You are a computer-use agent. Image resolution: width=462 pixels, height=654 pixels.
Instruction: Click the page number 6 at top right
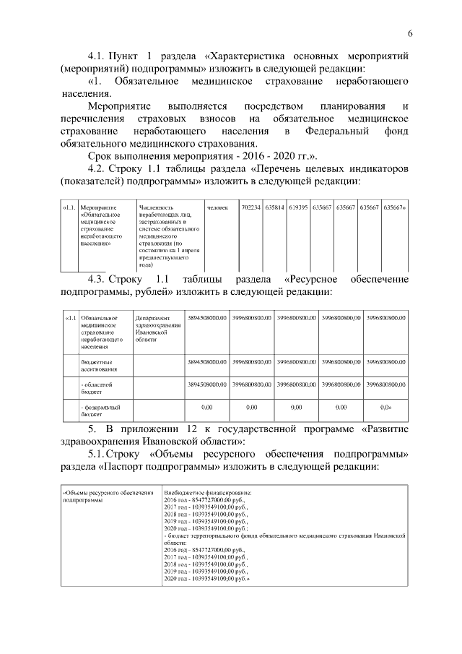[409, 33]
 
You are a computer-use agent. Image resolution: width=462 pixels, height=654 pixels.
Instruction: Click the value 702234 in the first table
[251, 207]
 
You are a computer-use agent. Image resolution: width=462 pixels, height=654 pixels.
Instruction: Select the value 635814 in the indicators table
[274, 207]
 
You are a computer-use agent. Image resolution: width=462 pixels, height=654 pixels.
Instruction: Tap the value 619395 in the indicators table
[298, 207]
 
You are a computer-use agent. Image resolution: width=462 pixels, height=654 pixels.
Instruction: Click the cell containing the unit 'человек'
[217, 207]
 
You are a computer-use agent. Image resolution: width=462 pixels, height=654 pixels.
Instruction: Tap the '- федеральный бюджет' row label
[98, 410]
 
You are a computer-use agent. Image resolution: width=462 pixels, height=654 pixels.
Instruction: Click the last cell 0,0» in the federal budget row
[385, 407]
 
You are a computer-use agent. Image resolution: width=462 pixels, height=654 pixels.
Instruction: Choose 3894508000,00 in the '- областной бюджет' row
[207, 384]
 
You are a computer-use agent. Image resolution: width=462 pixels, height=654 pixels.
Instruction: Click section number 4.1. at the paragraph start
[97, 54]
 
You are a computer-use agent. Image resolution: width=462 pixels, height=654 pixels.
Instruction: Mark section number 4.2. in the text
[97, 168]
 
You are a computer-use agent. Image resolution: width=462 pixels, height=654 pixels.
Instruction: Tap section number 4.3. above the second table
[99, 279]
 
